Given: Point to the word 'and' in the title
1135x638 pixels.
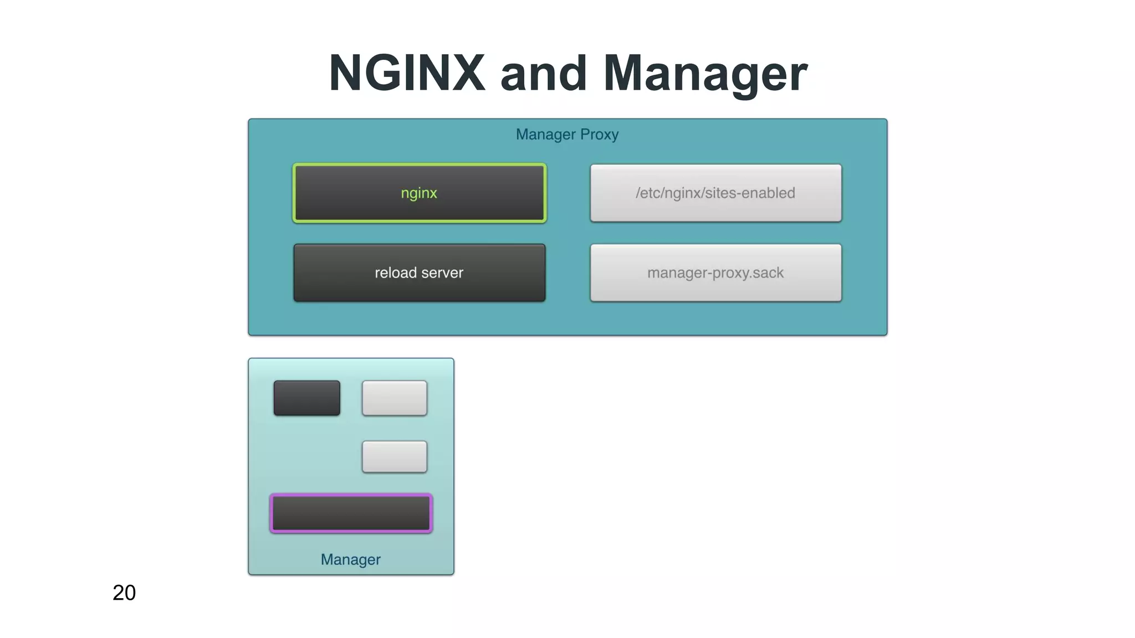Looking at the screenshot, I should [x=543, y=74].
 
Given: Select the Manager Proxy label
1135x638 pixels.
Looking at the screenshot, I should [x=567, y=135].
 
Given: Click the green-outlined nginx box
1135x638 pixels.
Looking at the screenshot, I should [x=420, y=193].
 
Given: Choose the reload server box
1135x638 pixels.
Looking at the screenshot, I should [x=420, y=272].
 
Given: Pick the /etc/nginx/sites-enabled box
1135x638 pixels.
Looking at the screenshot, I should [x=715, y=193].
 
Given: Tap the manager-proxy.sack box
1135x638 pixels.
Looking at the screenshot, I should [x=715, y=272].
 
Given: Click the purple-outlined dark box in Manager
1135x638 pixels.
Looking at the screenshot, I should [x=351, y=513].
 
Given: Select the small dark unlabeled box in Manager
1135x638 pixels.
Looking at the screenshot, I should [x=306, y=398].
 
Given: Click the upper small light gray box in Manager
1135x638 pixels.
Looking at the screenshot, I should [x=394, y=398].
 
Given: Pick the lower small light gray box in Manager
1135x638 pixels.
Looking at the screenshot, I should [x=394, y=456].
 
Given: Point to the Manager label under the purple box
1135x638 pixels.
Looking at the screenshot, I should [x=350, y=559].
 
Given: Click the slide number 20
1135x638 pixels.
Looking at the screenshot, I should [x=124, y=593].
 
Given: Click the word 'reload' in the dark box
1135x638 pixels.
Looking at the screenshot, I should [x=395, y=272].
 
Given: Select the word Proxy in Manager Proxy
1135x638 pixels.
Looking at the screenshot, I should [x=599, y=135].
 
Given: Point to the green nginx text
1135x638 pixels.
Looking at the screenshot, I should [x=419, y=193].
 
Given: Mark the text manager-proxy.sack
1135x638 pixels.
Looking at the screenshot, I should [x=715, y=272].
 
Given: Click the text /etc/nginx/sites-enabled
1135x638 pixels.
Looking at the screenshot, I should [x=715, y=193].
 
